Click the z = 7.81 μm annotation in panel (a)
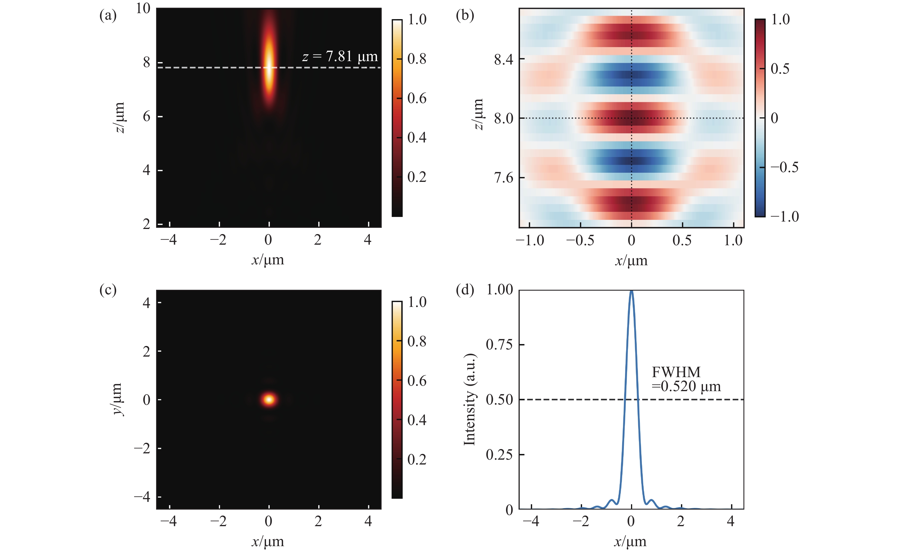point(340,57)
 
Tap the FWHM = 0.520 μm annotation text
point(686,379)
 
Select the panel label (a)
point(108,16)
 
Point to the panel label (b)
point(465,16)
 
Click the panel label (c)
point(108,290)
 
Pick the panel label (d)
point(465,290)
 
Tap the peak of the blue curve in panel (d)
point(631,291)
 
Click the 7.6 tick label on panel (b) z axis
point(503,178)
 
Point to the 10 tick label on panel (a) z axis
point(143,8)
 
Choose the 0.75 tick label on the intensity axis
point(499,345)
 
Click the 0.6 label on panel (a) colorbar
point(417,98)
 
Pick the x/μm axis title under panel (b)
point(631,261)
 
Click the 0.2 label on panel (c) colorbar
point(417,459)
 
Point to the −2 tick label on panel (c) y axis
point(142,449)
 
